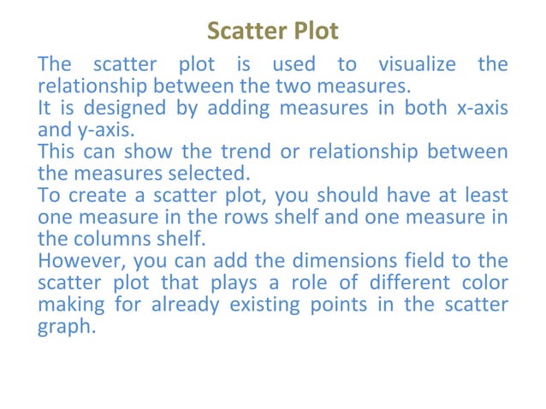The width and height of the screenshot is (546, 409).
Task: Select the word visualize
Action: tap(419, 64)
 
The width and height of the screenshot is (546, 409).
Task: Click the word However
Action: tap(76, 261)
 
